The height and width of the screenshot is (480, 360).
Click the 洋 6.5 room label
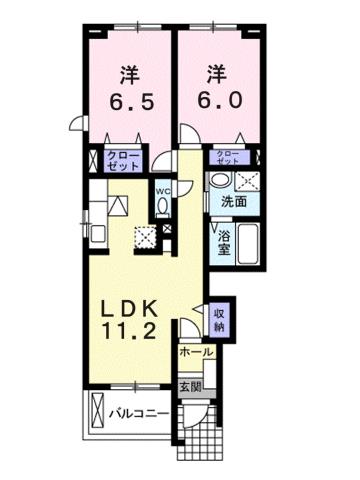pos(130,88)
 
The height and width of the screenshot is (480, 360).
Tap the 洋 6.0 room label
pos(217,88)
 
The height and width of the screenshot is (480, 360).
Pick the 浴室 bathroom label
pos(225,243)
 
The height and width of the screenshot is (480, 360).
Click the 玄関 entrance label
pos(190,387)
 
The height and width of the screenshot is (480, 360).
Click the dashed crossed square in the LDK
pos(147,237)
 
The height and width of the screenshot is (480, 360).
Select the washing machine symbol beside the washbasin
pos(247,180)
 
